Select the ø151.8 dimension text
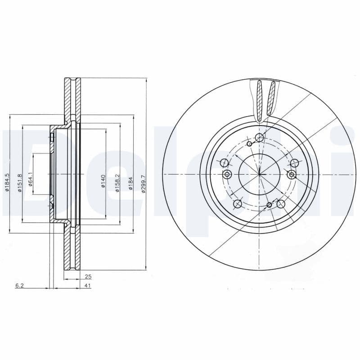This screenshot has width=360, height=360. coord(20,183)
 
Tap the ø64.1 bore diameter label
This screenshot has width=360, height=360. coord(30,179)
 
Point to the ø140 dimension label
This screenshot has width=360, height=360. coord(103,181)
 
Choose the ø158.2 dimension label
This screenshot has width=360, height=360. coord(117,183)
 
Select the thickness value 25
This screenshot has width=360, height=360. coord(88,277)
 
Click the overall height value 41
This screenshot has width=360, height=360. coord(88,286)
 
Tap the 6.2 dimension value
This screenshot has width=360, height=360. coord(19,286)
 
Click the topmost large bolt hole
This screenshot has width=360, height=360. coord(259,138)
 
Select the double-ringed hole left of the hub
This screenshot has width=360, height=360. coord(227,174)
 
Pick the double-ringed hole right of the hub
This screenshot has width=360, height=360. coord(292,174)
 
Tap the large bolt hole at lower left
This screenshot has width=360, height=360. coord(238,204)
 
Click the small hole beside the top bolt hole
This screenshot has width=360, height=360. coord(250,144)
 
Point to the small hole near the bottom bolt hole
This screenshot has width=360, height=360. coord(269,205)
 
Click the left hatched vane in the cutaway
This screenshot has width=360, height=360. coord(260,97)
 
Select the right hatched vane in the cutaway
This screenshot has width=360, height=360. coord(271,97)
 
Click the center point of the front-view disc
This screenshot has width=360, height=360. coord(260,174)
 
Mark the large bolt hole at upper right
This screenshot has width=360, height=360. coord(294,163)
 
